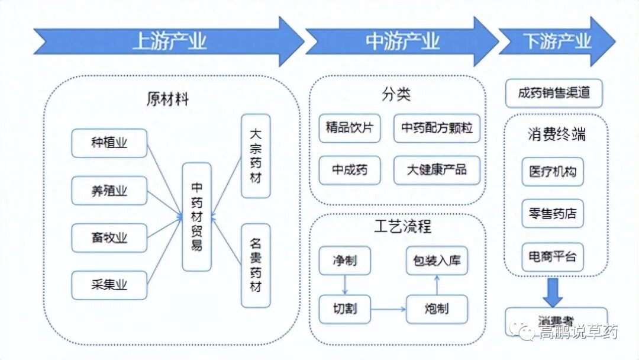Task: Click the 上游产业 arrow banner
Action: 169,41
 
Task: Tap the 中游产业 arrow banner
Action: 402,41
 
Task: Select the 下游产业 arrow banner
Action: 557,41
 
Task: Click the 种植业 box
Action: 109,143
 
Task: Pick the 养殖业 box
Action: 109,191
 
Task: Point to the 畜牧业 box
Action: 109,238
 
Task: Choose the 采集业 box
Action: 109,285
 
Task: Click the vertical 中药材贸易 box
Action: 197,217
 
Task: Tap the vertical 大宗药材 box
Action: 256,156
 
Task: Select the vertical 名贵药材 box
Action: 256,265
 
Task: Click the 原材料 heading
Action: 167,99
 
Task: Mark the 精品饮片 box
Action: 349,128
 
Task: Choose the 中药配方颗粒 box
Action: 437,128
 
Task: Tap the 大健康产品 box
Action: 437,171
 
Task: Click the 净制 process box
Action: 344,261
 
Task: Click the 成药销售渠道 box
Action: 554,94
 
